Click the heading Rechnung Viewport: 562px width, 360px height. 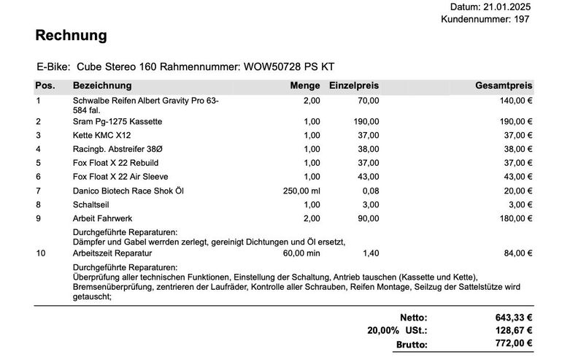coord(71,35)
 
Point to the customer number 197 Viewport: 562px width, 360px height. coord(521,19)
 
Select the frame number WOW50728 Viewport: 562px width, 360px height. coord(271,66)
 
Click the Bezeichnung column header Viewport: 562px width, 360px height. coord(102,86)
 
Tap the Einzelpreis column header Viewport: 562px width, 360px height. coord(354,86)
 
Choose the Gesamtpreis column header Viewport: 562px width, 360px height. coord(504,86)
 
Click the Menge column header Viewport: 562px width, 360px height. coord(304,86)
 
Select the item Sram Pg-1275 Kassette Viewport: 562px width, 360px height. coord(118,121)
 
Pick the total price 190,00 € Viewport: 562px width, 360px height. coord(514,121)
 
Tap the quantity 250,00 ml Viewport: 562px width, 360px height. coord(299,191)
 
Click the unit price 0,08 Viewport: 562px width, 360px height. coord(371,191)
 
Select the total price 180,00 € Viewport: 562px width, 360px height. coord(514,218)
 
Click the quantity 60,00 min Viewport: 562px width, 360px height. coord(300,253)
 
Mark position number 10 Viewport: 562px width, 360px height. coord(41,253)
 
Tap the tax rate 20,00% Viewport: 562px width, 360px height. coord(382,331)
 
